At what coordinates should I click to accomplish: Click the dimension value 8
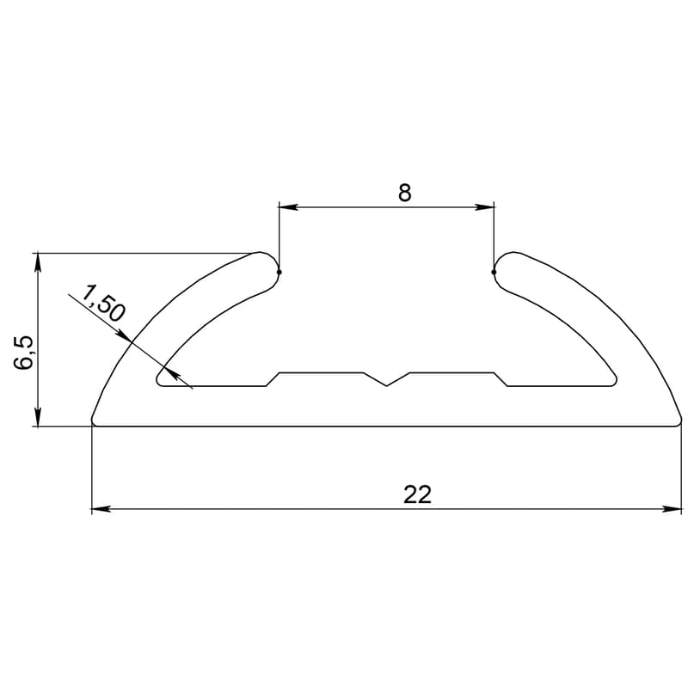[x=404, y=193]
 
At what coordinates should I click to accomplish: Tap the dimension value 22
[x=417, y=494]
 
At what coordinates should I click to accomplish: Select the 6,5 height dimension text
[x=24, y=353]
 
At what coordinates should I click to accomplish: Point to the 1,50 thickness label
[x=103, y=303]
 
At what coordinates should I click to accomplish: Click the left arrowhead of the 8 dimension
[x=289, y=206]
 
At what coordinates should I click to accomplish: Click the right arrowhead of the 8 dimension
[x=484, y=206]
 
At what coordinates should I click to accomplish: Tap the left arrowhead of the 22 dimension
[x=101, y=509]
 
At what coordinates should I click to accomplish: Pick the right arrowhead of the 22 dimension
[x=673, y=509]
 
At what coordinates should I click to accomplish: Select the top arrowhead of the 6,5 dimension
[x=38, y=262]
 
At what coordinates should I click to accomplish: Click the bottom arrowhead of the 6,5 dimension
[x=38, y=417]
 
